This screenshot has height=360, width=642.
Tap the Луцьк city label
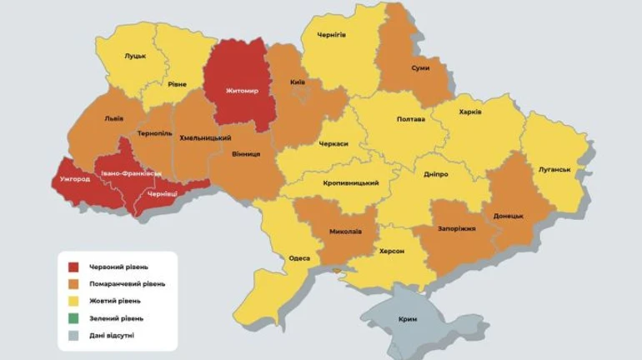tap(135, 56)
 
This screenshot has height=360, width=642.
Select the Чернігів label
tap(331, 34)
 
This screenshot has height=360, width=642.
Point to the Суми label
tap(421, 67)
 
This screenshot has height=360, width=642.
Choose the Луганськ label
tap(554, 169)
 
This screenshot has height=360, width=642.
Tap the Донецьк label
tap(508, 216)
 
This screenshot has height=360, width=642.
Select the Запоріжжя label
tap(456, 228)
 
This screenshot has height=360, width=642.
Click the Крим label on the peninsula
tap(408, 319)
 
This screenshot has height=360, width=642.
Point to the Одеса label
tap(299, 258)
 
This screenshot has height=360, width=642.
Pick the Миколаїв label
tap(345, 231)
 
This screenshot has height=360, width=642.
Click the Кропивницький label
tap(350, 182)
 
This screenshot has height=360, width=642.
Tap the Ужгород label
tap(76, 179)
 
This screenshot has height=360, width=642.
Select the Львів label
tap(114, 118)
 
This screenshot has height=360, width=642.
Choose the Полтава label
tap(411, 119)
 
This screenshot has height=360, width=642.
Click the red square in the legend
tap(73, 267)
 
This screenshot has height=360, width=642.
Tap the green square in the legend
tap(73, 317)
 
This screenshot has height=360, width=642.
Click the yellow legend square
tap(73, 301)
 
